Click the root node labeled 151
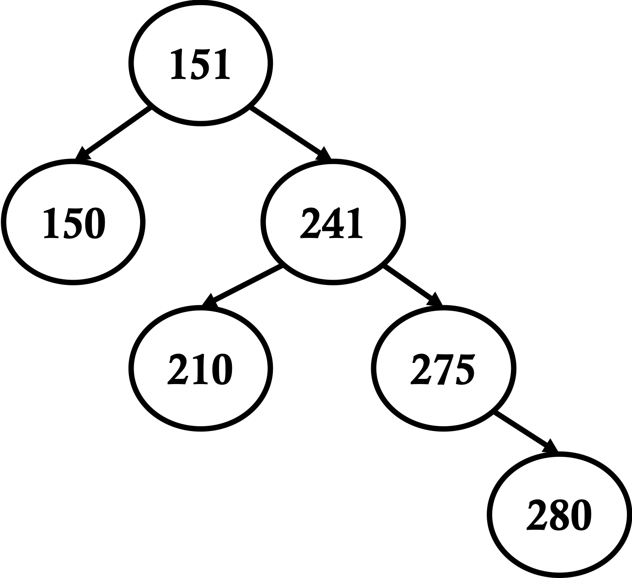point(200,63)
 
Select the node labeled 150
point(73,222)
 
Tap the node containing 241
point(332,222)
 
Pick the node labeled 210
point(200,369)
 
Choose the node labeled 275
point(443,369)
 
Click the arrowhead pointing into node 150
point(82,154)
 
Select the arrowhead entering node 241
point(324,154)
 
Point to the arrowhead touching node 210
point(209,301)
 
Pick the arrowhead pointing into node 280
point(551,447)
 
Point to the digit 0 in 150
point(94,223)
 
